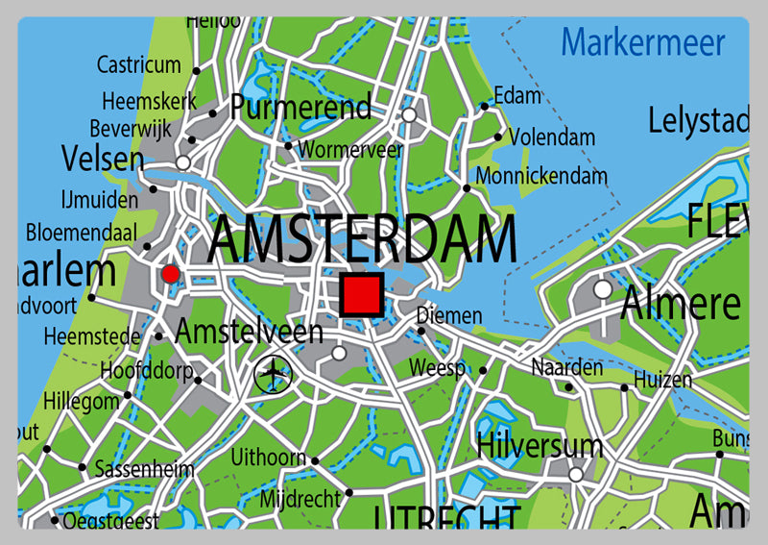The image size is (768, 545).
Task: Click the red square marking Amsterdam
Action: [362, 294]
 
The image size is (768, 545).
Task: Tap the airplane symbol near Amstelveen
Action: [274, 373]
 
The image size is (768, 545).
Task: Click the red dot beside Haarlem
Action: [171, 275]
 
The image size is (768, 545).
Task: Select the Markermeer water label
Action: [643, 42]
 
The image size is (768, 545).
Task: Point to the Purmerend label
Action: [300, 107]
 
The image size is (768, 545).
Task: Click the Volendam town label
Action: [551, 137]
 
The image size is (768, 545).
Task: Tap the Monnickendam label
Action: [541, 176]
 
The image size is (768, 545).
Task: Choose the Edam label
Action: [516, 96]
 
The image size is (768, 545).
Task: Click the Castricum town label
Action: [139, 65]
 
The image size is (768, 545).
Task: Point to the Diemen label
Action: [449, 315]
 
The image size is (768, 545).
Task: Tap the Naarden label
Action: [567, 367]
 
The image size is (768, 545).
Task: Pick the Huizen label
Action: [662, 380]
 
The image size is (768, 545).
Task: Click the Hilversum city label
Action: [540, 446]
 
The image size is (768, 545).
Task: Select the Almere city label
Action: [681, 304]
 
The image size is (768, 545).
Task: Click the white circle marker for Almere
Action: [603, 288]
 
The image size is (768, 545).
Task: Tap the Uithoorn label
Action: [268, 458]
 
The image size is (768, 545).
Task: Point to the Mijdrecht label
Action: [300, 499]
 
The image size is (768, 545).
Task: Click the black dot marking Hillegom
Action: [128, 395]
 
